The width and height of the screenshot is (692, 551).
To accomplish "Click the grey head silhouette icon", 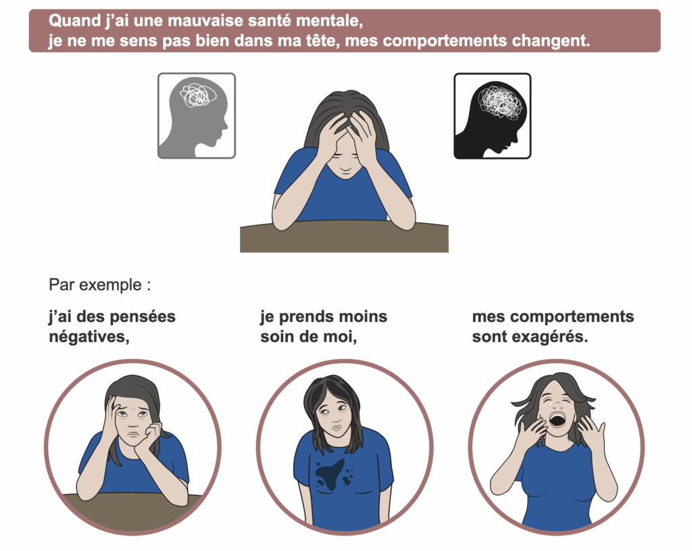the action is [x=197, y=116].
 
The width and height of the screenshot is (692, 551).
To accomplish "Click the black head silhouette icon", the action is [x=493, y=116].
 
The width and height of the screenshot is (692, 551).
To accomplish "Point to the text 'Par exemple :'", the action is [x=100, y=285].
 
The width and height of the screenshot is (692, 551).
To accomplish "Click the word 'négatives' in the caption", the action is [x=89, y=337].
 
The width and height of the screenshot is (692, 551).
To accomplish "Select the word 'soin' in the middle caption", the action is [x=278, y=337].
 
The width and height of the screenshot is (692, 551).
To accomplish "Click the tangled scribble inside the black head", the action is [x=500, y=101].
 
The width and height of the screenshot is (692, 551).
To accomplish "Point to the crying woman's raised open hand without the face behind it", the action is [x=591, y=435].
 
